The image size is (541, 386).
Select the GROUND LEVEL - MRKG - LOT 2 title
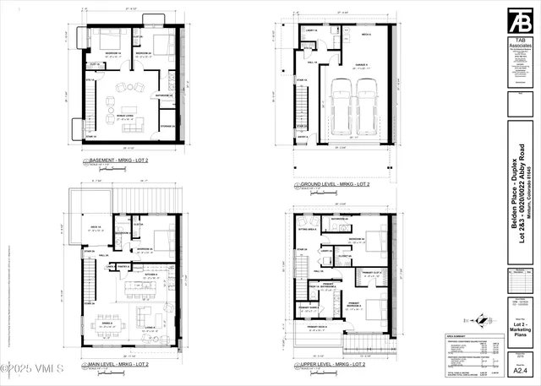click(333, 183)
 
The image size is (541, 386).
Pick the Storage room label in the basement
click(167, 127)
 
